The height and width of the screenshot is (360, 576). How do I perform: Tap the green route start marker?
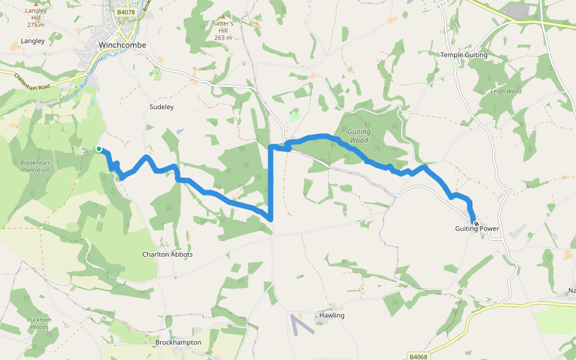click(x=99, y=149)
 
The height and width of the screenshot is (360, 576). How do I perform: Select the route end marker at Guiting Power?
click(x=476, y=224)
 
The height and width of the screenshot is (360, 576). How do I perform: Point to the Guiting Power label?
click(x=477, y=229)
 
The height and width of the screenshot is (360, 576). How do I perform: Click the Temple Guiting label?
click(x=464, y=55)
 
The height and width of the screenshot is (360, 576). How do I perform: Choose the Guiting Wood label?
click(x=359, y=136)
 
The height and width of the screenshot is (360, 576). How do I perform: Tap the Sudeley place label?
click(x=161, y=107)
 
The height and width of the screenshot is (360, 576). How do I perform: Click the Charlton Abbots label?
click(x=167, y=254)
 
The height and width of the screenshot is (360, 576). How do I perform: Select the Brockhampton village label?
click(x=178, y=342)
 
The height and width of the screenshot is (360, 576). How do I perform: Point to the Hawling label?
click(x=332, y=315)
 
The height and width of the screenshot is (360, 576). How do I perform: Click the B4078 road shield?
click(x=126, y=12)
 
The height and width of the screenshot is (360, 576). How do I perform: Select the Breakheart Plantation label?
click(x=34, y=166)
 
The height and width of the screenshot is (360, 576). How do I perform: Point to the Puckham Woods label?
click(x=38, y=323)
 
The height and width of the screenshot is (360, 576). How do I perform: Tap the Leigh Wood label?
click(x=506, y=91)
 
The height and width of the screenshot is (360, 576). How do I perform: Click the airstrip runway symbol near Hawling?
click(x=302, y=325)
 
